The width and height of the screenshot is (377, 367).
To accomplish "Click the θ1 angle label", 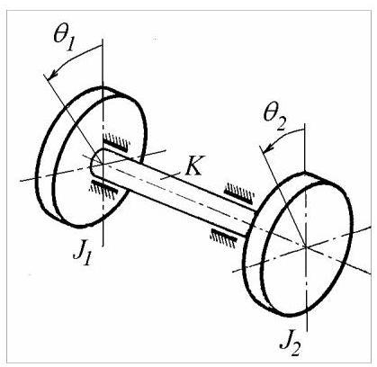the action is [x=64, y=39].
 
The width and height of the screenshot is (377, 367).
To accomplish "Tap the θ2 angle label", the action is [x=274, y=119].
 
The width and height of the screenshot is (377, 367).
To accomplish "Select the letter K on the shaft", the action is [x=193, y=166].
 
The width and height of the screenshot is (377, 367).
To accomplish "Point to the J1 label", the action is [x=82, y=255].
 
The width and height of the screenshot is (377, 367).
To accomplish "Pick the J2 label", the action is [x=291, y=345].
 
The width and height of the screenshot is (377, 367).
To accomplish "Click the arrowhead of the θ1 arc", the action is [x=51, y=76].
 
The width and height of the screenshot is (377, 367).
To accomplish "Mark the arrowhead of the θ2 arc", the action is [x=267, y=148].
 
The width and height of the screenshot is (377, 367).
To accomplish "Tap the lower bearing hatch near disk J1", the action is [x=103, y=188].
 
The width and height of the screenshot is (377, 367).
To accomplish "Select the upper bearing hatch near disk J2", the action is [x=239, y=192].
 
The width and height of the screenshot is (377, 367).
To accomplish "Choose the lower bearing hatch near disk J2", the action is [x=224, y=237].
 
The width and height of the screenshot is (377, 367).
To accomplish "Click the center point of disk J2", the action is [x=306, y=246].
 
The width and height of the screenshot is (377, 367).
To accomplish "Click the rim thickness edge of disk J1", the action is [x=48, y=168].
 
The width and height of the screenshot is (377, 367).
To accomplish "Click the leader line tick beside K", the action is [x=171, y=175].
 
